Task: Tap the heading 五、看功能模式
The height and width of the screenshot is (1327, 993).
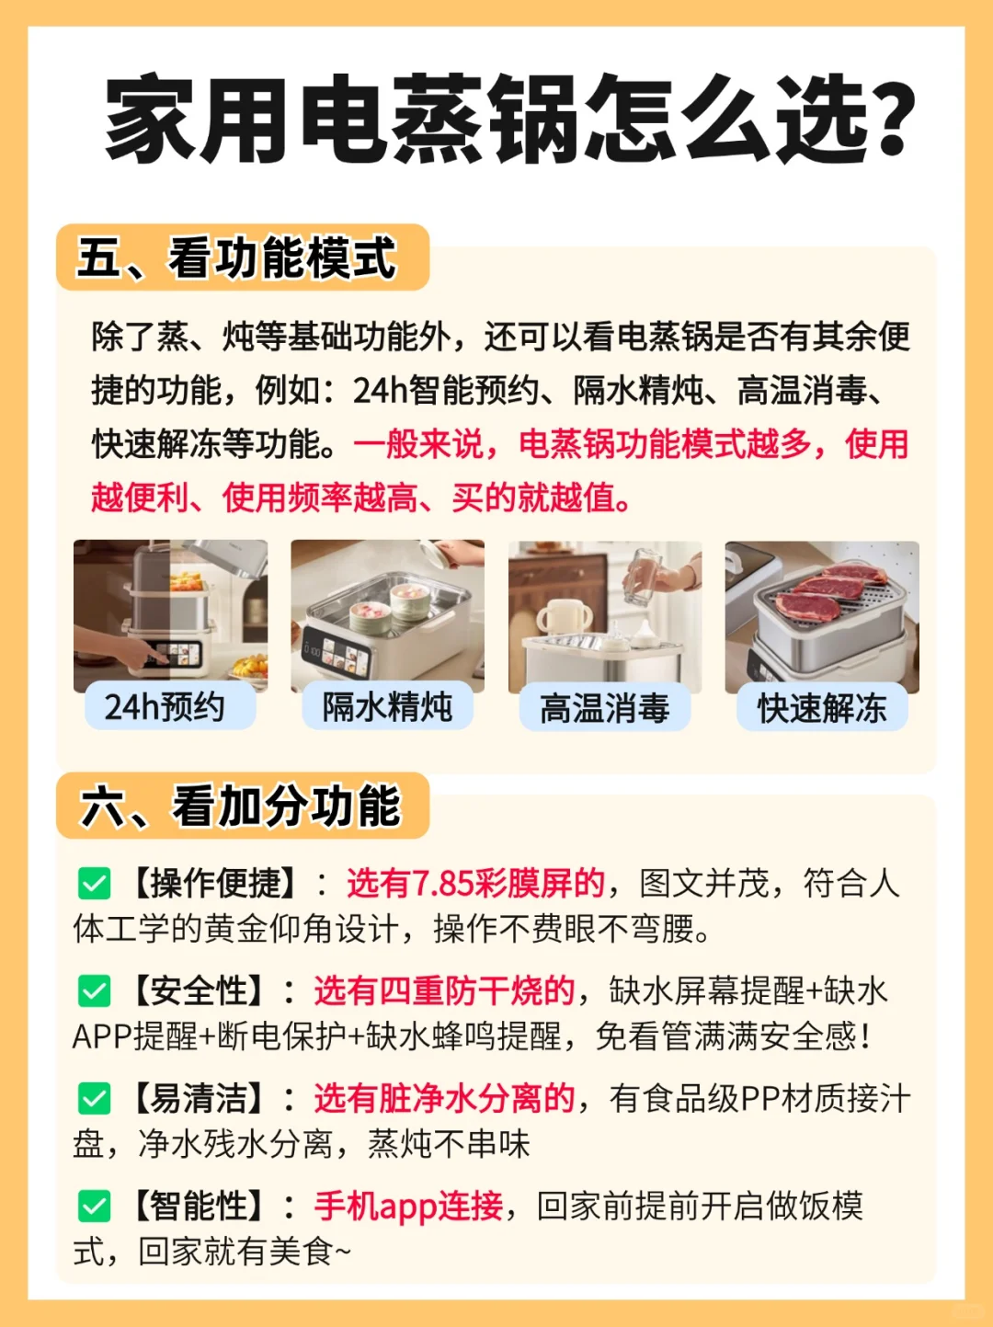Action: coord(236,258)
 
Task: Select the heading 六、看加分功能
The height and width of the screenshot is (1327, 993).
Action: coord(240,806)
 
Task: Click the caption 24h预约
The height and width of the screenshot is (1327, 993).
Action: coord(165,706)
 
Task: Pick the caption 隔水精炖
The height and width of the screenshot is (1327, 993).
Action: coord(387,706)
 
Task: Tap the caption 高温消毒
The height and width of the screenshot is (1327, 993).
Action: coord(604,707)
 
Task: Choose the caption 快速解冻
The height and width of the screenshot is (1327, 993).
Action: coord(822,707)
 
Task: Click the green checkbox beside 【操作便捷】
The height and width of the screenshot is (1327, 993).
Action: coord(95,883)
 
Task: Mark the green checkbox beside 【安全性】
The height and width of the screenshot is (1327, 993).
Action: coord(95,990)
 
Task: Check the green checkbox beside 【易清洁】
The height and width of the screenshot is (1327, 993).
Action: coord(95,1099)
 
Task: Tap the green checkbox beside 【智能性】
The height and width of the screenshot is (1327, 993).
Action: coord(95,1207)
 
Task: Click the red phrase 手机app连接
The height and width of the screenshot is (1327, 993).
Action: coord(408,1207)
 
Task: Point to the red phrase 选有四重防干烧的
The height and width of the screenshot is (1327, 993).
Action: coord(444,990)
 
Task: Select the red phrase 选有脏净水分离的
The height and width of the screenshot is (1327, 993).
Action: coord(444,1099)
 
